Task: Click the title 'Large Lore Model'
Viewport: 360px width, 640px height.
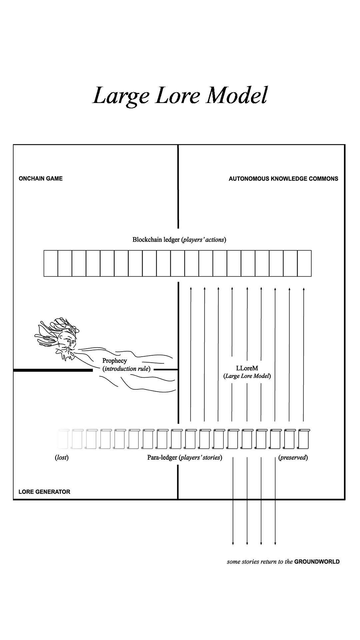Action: pos(180,96)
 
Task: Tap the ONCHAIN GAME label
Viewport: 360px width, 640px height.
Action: pos(41,179)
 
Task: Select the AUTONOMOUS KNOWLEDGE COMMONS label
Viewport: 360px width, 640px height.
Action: pos(283,179)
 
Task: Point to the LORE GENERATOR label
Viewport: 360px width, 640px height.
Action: pos(44,492)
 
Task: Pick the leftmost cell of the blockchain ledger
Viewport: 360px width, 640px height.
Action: pos(51,263)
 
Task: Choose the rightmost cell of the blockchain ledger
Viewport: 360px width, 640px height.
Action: pos(304,263)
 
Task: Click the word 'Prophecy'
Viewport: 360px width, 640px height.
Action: pos(115,361)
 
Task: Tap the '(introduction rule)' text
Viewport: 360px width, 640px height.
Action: pos(126,369)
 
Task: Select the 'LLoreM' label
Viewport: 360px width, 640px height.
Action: pos(247,368)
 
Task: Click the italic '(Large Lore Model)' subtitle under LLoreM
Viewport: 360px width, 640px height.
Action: pos(247,376)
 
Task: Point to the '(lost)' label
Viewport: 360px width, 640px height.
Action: pos(62,458)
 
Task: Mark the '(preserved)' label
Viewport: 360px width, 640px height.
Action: pos(293,458)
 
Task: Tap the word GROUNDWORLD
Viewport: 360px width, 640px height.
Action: pos(317,562)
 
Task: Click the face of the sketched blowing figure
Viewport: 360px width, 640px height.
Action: pos(67,343)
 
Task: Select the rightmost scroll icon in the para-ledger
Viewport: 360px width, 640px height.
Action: pos(303,439)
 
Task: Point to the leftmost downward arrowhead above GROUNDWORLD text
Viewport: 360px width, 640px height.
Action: pos(233,543)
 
